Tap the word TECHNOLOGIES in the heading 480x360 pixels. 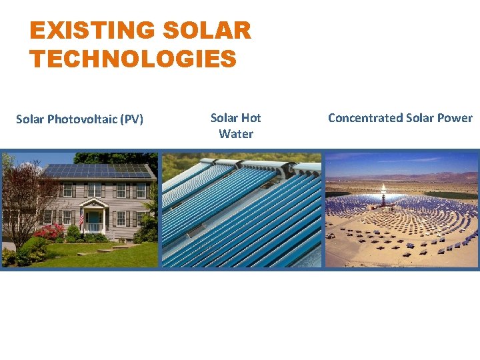tap(133, 59)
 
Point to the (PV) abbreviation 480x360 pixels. tap(132, 120)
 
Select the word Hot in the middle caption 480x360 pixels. tap(251, 118)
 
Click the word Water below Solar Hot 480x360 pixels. tap(236, 134)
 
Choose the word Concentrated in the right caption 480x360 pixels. tap(364, 118)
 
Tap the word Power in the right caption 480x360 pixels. tap(455, 118)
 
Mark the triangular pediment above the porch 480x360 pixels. tap(93, 203)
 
